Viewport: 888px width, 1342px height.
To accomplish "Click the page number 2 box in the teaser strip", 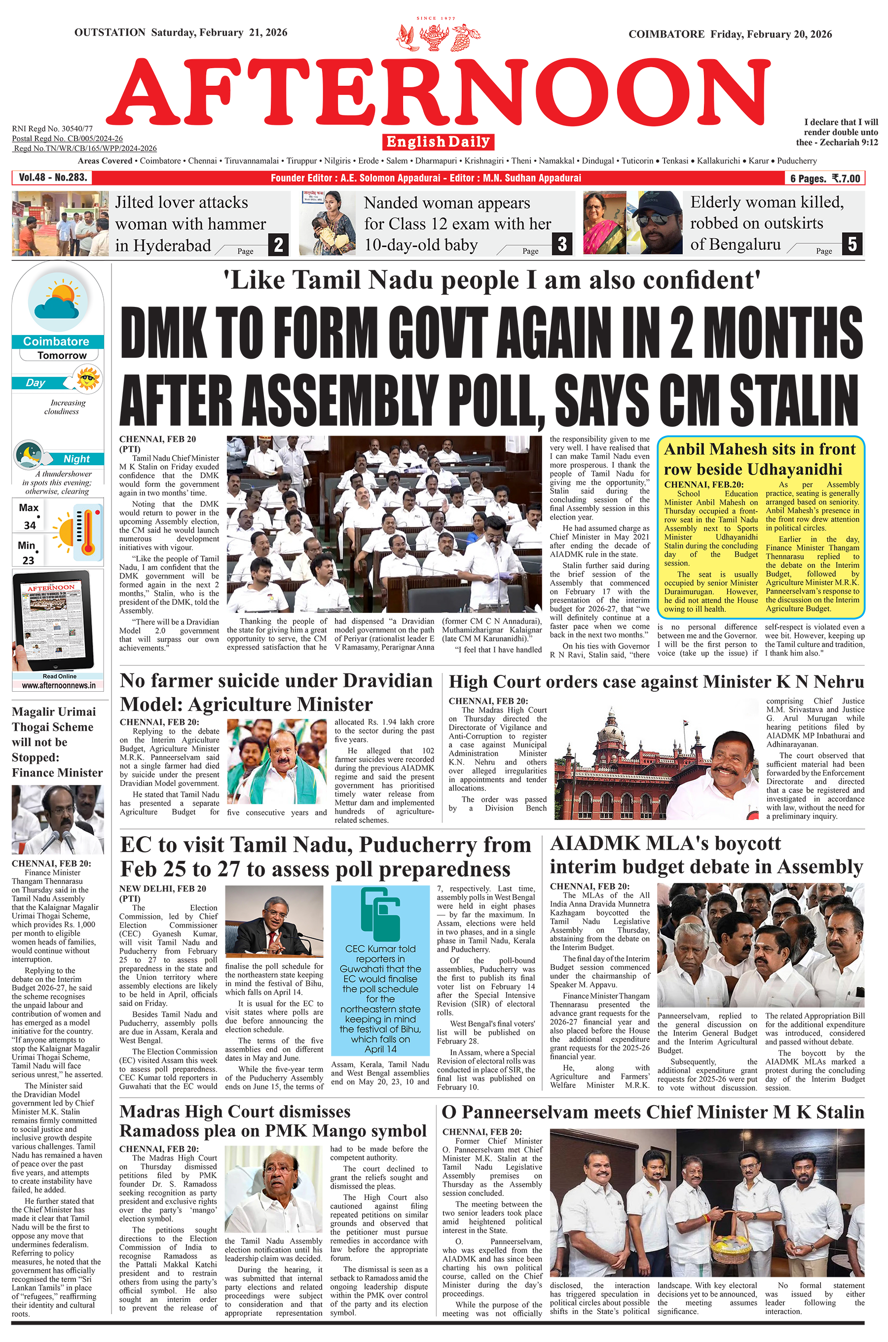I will click(x=278, y=245).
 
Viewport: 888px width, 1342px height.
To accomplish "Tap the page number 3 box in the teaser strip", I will click(x=562, y=244).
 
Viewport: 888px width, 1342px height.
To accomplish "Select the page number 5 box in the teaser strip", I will click(x=852, y=244).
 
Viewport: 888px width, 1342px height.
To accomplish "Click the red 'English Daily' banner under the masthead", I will click(x=439, y=142).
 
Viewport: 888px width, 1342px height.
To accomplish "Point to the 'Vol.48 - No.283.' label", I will click(x=53, y=178).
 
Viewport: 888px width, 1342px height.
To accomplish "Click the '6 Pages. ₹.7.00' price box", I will click(x=825, y=179).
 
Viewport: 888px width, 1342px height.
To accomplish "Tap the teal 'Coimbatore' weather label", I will click(x=57, y=341).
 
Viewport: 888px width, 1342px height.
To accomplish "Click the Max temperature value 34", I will click(x=30, y=525).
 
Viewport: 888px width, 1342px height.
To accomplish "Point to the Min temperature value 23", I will click(x=28, y=560).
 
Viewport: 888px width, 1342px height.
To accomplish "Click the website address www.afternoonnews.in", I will click(x=59, y=685).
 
